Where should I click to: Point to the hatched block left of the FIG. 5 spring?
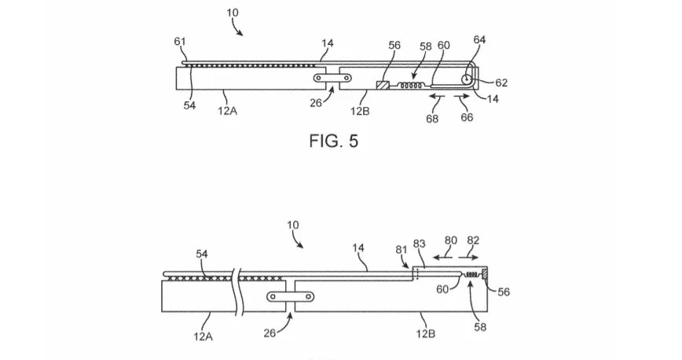384,85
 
